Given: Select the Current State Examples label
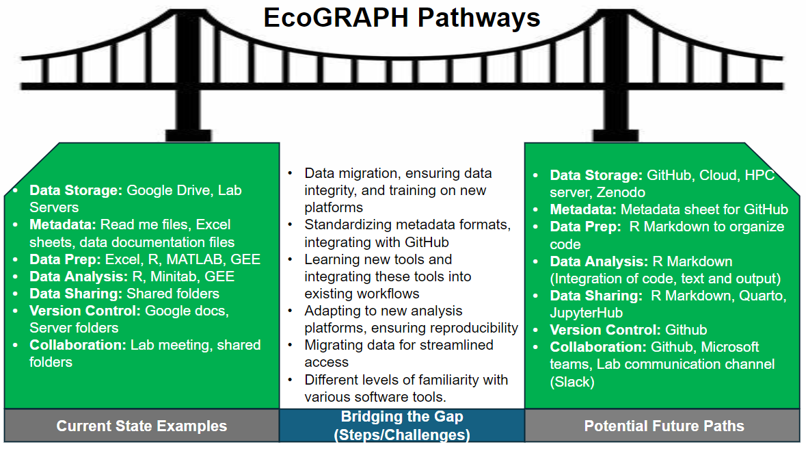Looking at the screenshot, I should click(142, 426).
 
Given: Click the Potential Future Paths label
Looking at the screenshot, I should click(664, 426).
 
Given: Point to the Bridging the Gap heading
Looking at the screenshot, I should click(401, 417).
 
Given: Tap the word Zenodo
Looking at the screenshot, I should click(617, 192).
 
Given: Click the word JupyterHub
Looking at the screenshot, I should click(586, 313).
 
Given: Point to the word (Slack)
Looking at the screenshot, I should click(572, 382).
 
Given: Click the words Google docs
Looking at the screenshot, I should click(187, 311).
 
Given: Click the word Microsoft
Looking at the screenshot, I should click(730, 347).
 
